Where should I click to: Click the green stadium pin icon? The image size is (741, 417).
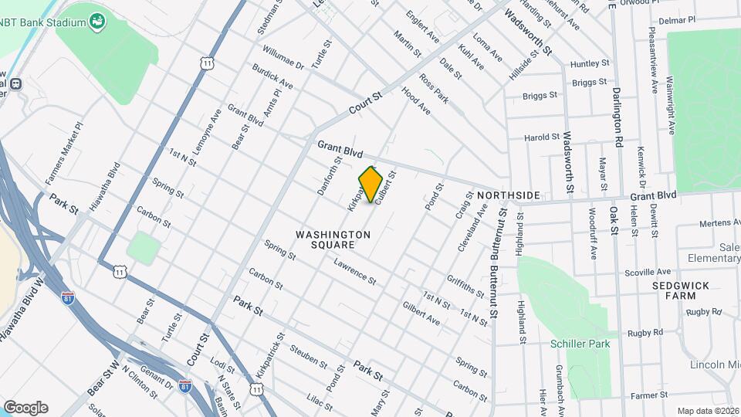(97, 21)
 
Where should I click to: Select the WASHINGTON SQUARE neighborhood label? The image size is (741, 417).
(333, 239)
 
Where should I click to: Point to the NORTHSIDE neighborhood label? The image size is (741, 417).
(508, 195)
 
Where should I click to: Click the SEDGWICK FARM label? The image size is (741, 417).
(679, 290)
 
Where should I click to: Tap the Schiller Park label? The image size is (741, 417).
(580, 344)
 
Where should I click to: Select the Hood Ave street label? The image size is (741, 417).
(415, 101)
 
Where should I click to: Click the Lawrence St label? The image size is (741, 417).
(354, 271)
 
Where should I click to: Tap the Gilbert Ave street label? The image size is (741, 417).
(421, 313)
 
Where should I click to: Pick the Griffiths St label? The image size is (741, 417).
(465, 285)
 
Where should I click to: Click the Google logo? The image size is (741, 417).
(25, 407)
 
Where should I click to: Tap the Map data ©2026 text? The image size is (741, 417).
(707, 411)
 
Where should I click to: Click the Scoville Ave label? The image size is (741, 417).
(648, 273)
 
